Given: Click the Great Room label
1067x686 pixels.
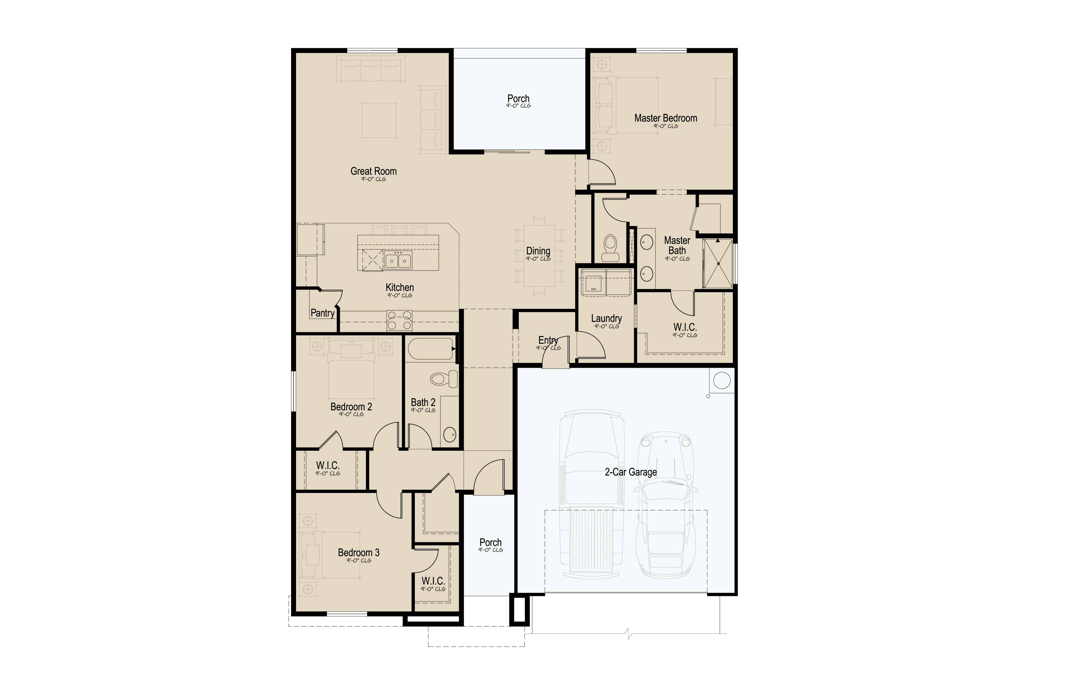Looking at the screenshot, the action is [x=373, y=171].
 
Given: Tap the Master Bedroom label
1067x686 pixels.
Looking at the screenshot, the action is [x=666, y=118].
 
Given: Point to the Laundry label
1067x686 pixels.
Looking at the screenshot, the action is [x=606, y=318].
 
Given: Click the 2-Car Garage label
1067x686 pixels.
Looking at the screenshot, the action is [x=631, y=472].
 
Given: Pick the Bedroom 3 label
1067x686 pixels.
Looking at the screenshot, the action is [x=359, y=553].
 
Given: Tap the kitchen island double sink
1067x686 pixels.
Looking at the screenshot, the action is [x=398, y=260].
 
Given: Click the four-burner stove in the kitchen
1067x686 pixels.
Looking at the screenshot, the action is [x=399, y=321].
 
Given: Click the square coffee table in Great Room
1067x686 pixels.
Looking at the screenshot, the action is [x=379, y=120].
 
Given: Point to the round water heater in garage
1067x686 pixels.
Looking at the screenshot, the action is [x=722, y=380].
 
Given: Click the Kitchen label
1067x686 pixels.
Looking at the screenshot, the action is [x=400, y=287].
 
